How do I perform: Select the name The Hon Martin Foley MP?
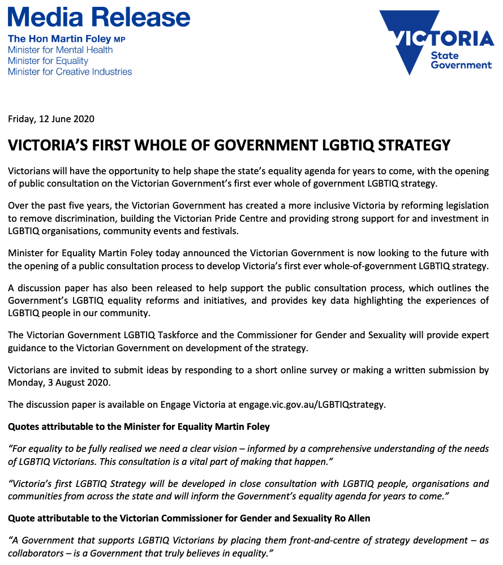pyautogui.click(x=66, y=39)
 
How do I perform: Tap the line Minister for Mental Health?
pyautogui.click(x=60, y=50)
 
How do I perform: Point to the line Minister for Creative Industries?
pyautogui.click(x=70, y=72)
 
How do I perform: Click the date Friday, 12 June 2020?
pyautogui.click(x=51, y=119)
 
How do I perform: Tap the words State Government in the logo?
pyautogui.click(x=461, y=60)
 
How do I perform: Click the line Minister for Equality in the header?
pyautogui.click(x=48, y=61)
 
